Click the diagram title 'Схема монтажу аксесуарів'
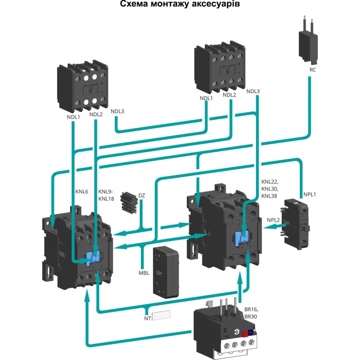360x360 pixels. (x=180, y=5)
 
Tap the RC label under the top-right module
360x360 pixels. (x=312, y=69)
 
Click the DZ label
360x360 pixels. (x=141, y=196)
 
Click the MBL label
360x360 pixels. (x=143, y=273)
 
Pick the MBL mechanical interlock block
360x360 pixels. (x=166, y=270)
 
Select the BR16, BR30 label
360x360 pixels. (x=252, y=313)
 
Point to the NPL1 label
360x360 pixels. (x=310, y=194)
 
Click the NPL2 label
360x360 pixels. (x=273, y=220)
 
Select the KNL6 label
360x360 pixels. (x=82, y=192)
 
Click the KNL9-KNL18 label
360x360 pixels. (x=106, y=195)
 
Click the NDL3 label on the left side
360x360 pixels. (x=117, y=111)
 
